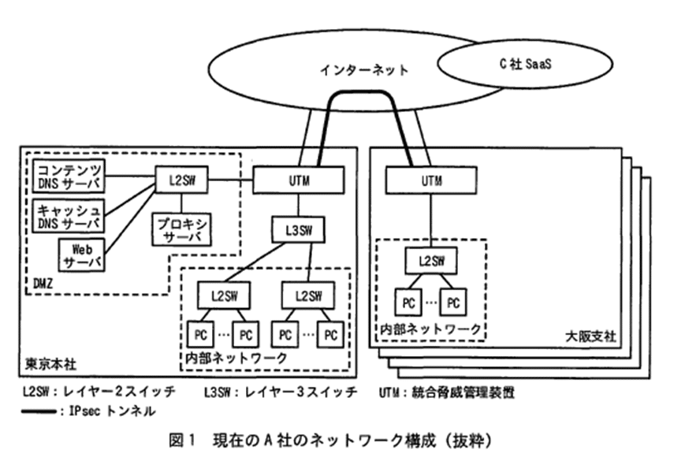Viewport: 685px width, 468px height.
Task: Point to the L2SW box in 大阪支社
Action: coord(430,260)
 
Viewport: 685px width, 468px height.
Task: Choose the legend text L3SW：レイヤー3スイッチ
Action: coord(280,392)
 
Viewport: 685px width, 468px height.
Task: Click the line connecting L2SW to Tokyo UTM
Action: coord(230,180)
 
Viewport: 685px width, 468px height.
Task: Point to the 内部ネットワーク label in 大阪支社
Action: coord(430,329)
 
